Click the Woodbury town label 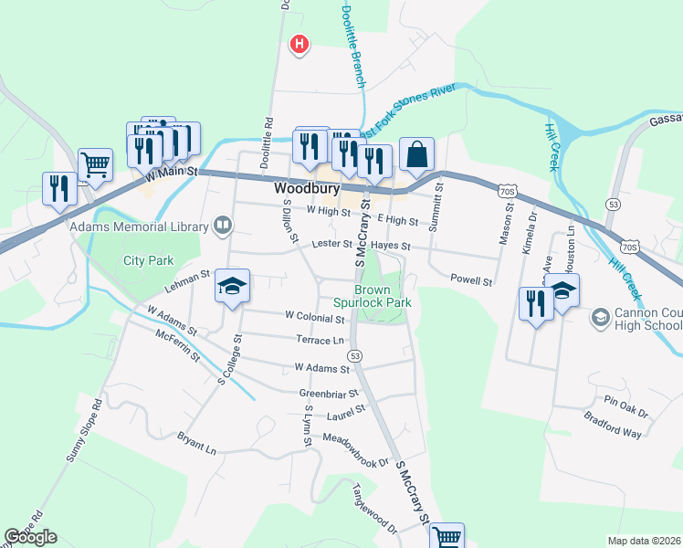[x=307, y=189]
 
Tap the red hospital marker [x=298, y=43]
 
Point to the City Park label [x=148, y=260]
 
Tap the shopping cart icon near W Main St [x=95, y=165]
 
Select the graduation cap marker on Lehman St [x=233, y=287]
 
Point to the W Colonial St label [x=314, y=317]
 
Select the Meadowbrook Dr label [x=363, y=449]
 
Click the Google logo [x=30, y=537]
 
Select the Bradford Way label [x=613, y=426]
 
